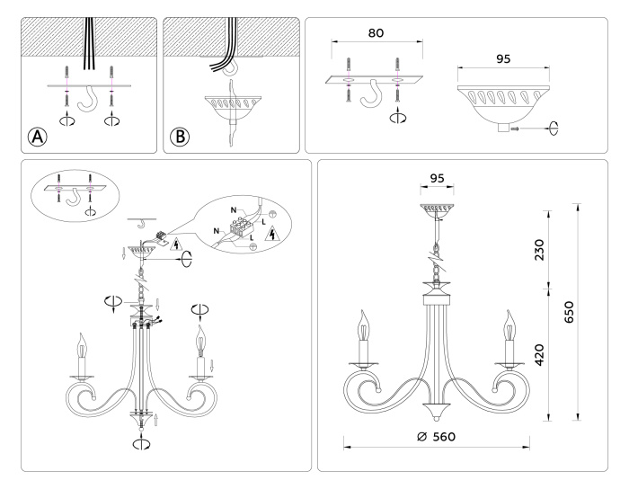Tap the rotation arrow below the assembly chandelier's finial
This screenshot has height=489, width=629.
(141, 442)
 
